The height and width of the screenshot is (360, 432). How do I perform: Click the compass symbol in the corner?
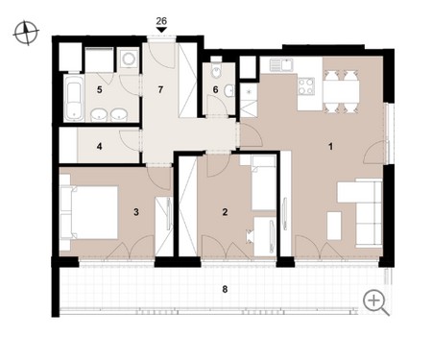(26, 33)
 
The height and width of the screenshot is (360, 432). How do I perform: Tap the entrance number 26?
(161, 21)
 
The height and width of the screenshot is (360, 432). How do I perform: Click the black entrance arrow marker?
(161, 30)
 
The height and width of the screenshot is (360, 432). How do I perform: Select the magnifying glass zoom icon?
(375, 302)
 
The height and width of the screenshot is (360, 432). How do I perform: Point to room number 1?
(330, 147)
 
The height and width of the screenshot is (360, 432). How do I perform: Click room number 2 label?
(225, 212)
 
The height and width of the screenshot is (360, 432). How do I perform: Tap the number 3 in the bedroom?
(136, 212)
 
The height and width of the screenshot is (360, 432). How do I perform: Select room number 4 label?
(100, 147)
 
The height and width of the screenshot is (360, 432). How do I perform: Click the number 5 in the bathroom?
(100, 90)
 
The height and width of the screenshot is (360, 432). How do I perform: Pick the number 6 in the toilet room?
(215, 90)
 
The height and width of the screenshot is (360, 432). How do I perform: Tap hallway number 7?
(160, 90)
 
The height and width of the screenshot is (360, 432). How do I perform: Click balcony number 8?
(225, 289)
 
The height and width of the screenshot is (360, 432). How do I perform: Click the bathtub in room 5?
(74, 98)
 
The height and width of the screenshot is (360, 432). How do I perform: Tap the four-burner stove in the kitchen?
(305, 86)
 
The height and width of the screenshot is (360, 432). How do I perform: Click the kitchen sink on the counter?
(281, 64)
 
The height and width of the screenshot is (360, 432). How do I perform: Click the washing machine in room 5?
(129, 59)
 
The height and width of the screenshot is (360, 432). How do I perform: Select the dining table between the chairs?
(341, 91)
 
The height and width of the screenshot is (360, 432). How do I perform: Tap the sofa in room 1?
(369, 213)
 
